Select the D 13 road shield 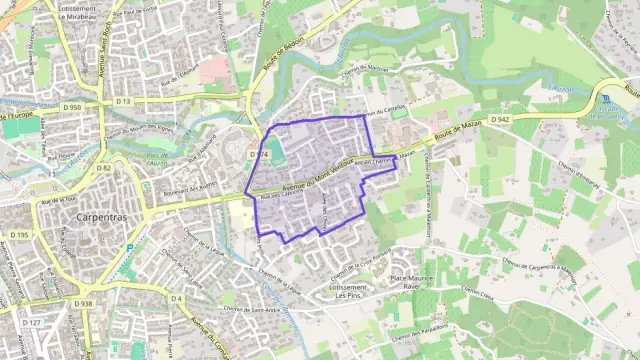[x=123, y=101]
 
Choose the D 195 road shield [x=21, y=235]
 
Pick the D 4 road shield [x=176, y=298]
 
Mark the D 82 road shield [x=105, y=168]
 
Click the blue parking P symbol [x=129, y=247]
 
